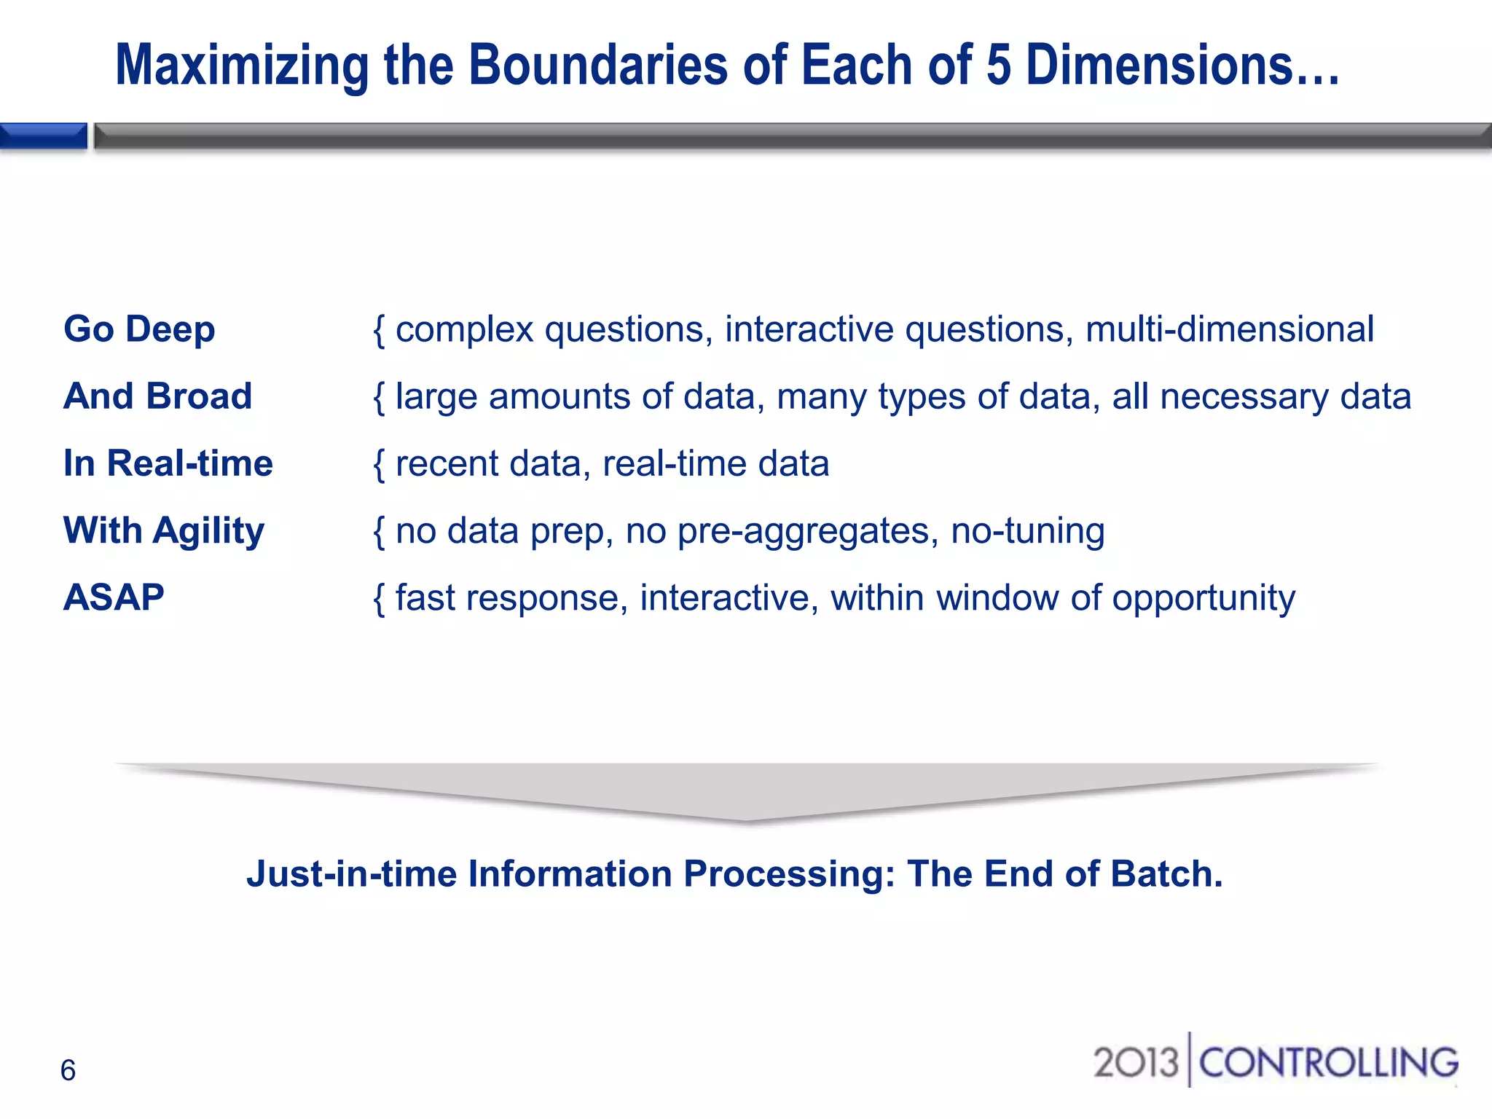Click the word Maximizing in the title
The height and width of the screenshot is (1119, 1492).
(x=242, y=66)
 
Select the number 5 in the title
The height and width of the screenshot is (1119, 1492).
(x=998, y=66)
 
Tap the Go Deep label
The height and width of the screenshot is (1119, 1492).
(x=139, y=329)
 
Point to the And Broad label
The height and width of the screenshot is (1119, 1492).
(x=157, y=396)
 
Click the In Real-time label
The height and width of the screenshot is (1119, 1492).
(x=168, y=463)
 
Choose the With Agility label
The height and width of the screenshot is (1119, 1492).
(x=163, y=530)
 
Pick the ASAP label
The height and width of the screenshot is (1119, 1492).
(x=114, y=597)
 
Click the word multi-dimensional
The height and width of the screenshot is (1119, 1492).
(x=1229, y=329)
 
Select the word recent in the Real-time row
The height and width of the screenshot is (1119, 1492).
(x=446, y=464)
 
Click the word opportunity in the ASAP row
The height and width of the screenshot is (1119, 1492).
(x=1204, y=599)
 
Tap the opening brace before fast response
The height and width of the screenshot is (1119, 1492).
(x=379, y=599)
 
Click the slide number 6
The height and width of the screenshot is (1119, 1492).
(x=68, y=1070)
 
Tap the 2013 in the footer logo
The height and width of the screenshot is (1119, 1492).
(x=1135, y=1062)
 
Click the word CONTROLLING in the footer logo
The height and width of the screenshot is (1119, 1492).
(x=1328, y=1062)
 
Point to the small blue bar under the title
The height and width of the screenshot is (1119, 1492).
(x=43, y=136)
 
